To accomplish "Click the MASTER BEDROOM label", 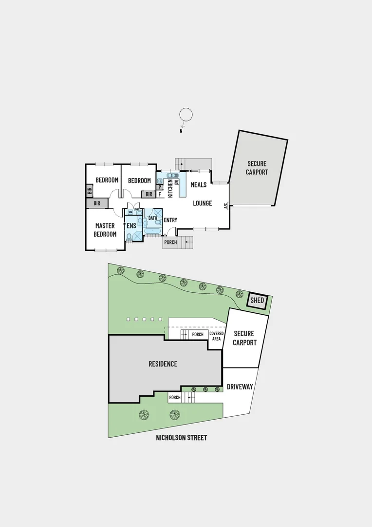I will tap(105, 230).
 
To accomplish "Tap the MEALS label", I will tap(198, 185).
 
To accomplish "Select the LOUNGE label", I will tap(202, 203).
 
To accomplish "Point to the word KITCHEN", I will tap(170, 188).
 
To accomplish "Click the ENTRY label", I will tap(170, 220).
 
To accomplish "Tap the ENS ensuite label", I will tap(131, 226).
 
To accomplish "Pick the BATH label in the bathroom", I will tap(152, 218).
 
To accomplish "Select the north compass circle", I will tap(186, 115).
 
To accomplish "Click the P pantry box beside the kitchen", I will tap(159, 187).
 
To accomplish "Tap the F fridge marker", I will tap(159, 194).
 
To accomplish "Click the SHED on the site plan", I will tap(257, 301).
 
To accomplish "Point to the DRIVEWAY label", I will tap(240, 387).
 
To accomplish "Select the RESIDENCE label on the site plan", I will tap(163, 364).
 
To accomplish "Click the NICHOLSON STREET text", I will tap(181, 438).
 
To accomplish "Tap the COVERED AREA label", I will tap(216, 336).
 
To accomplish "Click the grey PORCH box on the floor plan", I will tap(170, 243).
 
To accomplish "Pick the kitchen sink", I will tap(172, 176).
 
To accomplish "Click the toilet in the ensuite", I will tap(129, 238).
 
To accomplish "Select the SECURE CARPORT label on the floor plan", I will tap(257, 168).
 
